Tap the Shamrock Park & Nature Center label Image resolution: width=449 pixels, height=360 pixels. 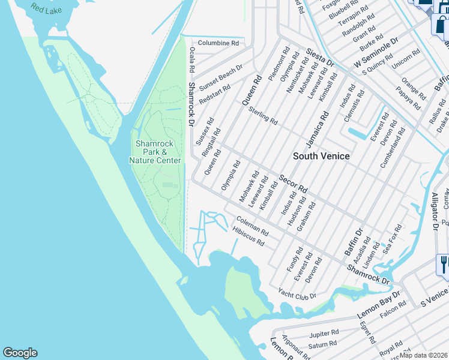157,152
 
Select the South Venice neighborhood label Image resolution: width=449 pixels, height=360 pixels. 321,156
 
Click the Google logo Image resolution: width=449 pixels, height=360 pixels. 20,353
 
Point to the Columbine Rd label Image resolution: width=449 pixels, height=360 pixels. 218,43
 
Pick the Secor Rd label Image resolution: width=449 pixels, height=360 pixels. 293,183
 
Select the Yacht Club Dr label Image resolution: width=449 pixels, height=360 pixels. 297,294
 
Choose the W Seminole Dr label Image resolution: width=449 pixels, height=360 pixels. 376,54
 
